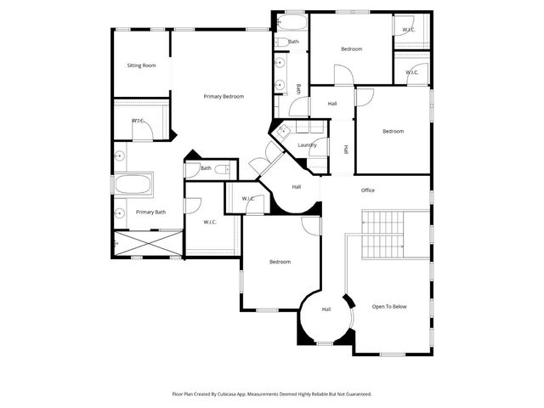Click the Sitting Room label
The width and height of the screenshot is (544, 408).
141,65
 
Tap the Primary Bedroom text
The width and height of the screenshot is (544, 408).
224,97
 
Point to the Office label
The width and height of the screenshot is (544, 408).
367,190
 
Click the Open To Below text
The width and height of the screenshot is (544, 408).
389,306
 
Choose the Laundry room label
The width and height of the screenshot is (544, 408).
307,145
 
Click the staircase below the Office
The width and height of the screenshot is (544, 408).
383,235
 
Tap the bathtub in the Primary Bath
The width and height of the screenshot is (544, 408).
133,184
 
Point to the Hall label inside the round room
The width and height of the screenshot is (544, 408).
326,309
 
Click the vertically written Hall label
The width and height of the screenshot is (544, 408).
346,150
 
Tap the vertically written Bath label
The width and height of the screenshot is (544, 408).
298,88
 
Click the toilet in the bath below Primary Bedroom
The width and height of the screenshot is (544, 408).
222,170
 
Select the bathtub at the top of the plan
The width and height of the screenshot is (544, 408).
293,22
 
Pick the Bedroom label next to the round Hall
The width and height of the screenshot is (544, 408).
280,262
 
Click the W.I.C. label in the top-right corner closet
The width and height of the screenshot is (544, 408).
408,30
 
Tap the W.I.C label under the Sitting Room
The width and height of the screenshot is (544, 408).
137,121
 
